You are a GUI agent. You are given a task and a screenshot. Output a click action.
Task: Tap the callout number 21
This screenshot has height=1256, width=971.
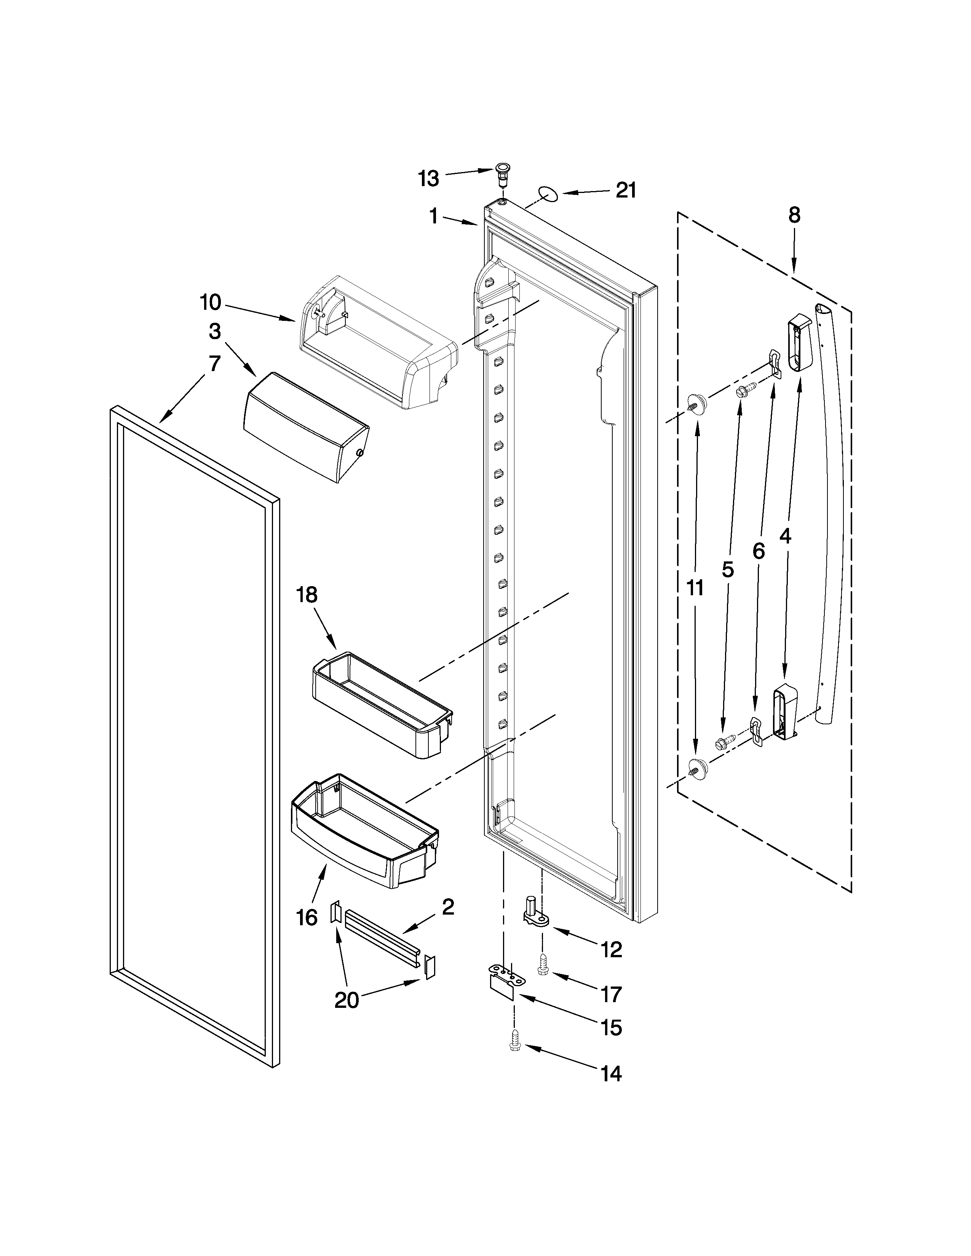point(626,190)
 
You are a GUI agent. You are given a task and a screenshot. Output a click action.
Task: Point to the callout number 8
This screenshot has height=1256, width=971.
point(794,215)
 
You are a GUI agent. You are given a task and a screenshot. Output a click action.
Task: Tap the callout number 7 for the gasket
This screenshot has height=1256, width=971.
point(214,364)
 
